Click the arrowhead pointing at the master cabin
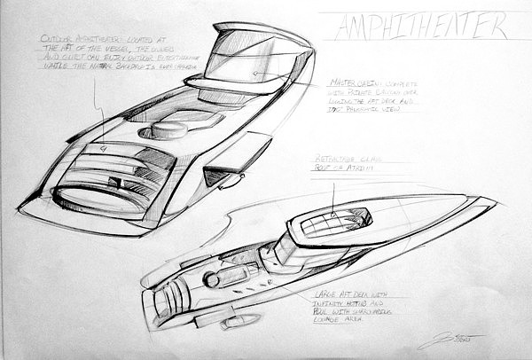point(254,74)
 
